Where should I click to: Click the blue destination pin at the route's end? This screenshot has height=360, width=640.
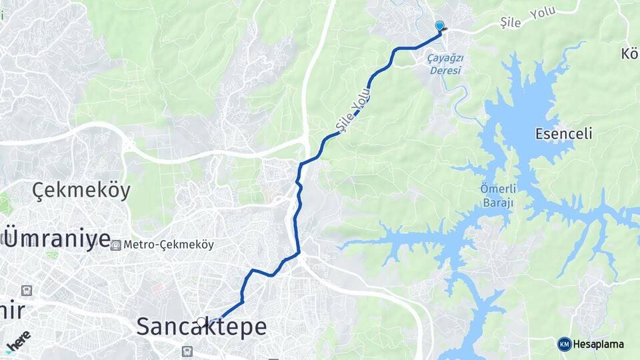[x=439, y=26]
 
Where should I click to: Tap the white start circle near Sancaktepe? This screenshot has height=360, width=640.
[x=201, y=322]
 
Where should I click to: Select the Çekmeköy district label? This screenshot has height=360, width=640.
[x=81, y=191]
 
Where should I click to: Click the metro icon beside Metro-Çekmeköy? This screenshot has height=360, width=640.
[x=116, y=245]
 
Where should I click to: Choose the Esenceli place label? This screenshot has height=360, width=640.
[x=564, y=134]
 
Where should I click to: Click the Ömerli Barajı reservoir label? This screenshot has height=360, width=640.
[x=497, y=195]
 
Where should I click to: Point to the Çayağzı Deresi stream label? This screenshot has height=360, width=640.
[x=445, y=63]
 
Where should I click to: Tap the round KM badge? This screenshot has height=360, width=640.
[x=564, y=344]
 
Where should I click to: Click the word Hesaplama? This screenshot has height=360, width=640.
[x=599, y=344]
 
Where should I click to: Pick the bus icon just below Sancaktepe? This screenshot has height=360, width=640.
[x=188, y=350]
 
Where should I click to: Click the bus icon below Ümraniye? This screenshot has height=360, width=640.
[x=26, y=291]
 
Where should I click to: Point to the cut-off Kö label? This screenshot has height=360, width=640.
[x=629, y=53]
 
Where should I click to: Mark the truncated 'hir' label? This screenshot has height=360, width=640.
[x=12, y=311]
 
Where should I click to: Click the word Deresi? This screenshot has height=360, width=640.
[x=445, y=69]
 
